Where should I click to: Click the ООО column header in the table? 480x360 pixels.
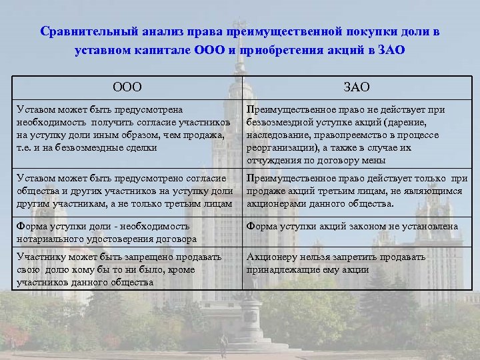click(127, 87)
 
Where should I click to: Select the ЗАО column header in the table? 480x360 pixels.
click(357, 87)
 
